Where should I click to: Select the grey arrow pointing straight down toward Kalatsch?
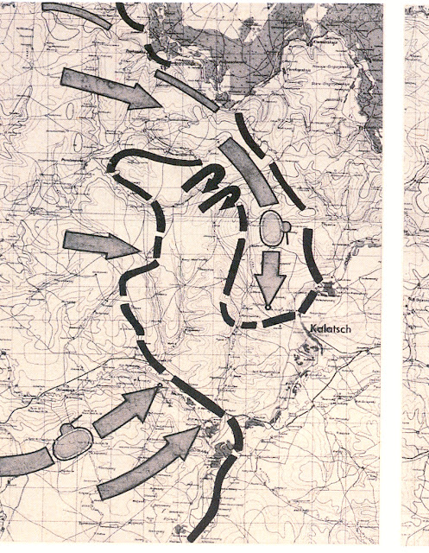[x=272, y=276]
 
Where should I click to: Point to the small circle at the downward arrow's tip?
[x=268, y=307]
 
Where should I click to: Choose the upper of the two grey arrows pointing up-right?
[x=125, y=410]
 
